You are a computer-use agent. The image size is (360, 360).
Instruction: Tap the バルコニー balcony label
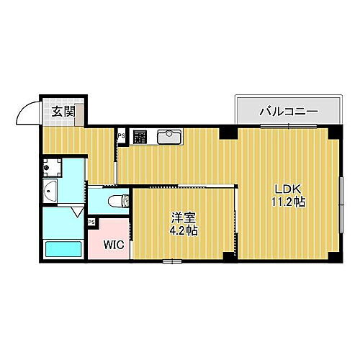coord(287,112)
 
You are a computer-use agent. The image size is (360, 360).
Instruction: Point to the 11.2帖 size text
coord(288,202)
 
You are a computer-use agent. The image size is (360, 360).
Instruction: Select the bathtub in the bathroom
coord(63,248)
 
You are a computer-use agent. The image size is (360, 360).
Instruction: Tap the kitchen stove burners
coord(139,135)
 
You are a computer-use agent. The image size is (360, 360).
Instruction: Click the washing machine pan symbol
coord(50,169)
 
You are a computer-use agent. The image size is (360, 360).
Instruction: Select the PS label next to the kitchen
coord(121,135)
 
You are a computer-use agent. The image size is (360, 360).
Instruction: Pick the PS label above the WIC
coord(91,222)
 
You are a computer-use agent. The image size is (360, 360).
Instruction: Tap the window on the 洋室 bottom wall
coord(171,260)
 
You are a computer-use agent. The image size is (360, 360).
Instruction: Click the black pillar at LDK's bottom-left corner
coord(229,256)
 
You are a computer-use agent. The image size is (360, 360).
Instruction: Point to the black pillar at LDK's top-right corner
coord(333,132)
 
